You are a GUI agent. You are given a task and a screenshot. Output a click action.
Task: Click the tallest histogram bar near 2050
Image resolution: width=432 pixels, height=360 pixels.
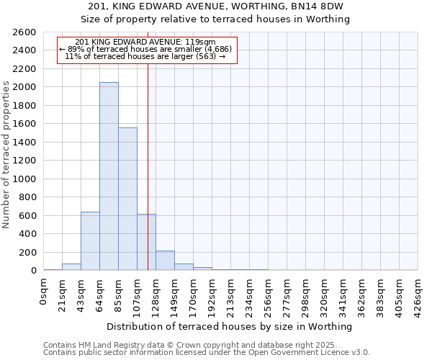[x=109, y=176]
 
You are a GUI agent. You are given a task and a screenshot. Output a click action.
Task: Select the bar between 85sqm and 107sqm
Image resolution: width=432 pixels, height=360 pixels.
[x=127, y=199]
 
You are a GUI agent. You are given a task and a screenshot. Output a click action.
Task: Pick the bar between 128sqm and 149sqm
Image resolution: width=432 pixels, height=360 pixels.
[x=165, y=261]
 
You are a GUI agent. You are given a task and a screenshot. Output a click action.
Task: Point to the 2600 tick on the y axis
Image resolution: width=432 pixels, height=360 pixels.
[x=24, y=32]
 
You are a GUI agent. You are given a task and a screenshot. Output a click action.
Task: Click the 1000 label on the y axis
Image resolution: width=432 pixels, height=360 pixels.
[x=24, y=179]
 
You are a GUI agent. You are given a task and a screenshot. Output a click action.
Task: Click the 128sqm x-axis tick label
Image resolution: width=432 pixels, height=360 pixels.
[x=156, y=295]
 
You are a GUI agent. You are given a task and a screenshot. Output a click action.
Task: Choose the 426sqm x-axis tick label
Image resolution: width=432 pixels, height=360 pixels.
[x=418, y=295]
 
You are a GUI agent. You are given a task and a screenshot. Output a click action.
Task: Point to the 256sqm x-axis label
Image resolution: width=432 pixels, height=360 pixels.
[x=269, y=295]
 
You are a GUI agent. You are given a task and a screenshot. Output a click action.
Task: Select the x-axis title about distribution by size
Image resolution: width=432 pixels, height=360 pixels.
[x=230, y=326]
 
